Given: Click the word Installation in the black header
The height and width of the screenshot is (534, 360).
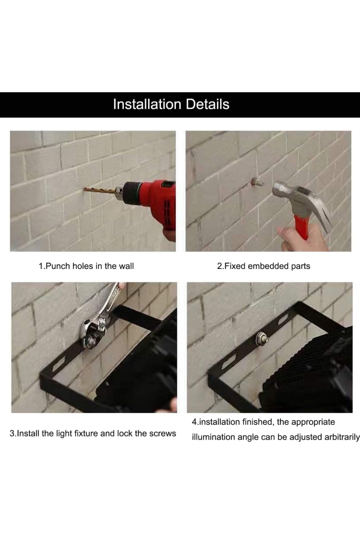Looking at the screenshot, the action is (x=147, y=104).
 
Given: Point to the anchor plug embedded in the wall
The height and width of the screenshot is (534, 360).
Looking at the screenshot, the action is (x=257, y=181).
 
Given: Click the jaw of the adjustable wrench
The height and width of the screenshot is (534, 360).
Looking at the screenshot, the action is (x=90, y=335).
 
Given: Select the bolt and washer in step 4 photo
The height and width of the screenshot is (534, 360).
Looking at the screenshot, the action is (x=262, y=338).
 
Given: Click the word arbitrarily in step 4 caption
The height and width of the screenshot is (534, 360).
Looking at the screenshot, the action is (x=342, y=437).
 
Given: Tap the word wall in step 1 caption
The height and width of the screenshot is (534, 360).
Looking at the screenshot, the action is (x=126, y=266).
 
